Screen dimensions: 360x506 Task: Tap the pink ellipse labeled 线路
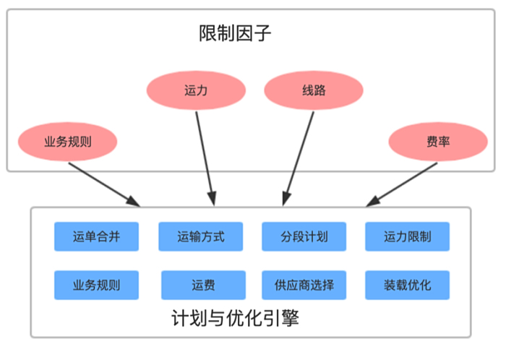pyautogui.click(x=313, y=91)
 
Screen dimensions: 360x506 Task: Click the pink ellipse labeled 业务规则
pyautogui.click(x=67, y=140)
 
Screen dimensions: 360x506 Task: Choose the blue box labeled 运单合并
pyautogui.click(x=96, y=237)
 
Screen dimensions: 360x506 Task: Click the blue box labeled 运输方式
pyautogui.click(x=200, y=237)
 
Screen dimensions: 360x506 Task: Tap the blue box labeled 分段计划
pyautogui.click(x=304, y=237)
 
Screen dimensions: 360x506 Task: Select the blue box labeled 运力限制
pyautogui.click(x=408, y=237)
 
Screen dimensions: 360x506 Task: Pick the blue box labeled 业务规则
pyautogui.click(x=96, y=285)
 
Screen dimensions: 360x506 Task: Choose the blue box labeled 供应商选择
pyautogui.click(x=304, y=285)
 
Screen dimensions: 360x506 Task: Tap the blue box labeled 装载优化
pyautogui.click(x=408, y=285)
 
